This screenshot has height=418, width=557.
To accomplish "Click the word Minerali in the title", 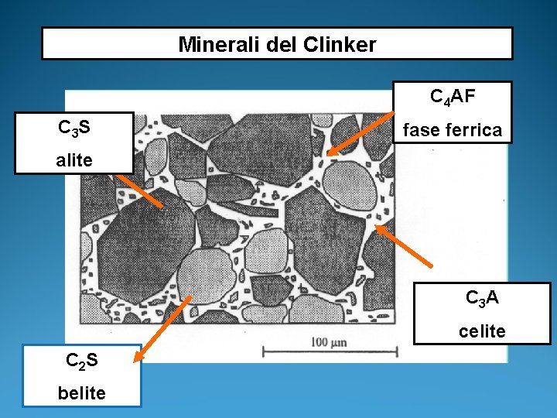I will (x=210, y=44).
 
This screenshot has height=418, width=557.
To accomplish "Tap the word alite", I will (x=74, y=160).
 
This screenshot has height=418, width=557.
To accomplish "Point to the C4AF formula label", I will (x=453, y=97).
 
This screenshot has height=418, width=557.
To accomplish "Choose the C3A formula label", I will (x=481, y=298).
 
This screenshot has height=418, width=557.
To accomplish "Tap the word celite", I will (x=481, y=331).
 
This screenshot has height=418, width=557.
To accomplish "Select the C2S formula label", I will (x=81, y=360).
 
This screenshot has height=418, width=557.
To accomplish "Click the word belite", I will (x=81, y=393).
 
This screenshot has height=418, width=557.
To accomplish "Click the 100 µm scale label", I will (x=330, y=341).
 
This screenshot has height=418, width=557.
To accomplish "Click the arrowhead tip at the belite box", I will (x=135, y=361).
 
